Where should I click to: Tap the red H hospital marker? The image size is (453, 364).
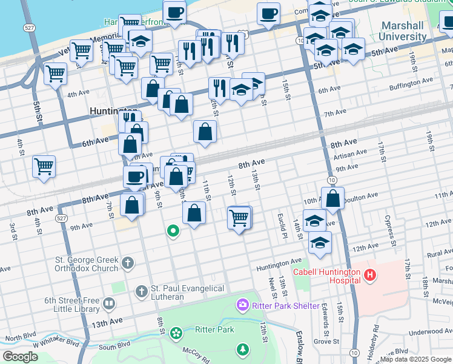[x=370, y=277]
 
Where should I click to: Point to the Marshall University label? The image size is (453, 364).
[x=404, y=31]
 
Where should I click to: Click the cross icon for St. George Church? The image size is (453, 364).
[x=127, y=263]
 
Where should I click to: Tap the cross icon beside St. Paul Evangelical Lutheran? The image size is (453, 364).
[x=141, y=292]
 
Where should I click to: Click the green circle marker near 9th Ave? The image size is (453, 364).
[x=173, y=231]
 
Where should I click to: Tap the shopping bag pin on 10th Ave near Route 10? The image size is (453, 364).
[x=332, y=198]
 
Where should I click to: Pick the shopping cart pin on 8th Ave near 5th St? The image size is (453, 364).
[x=44, y=166]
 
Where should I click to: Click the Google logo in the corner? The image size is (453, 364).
[x=19, y=357]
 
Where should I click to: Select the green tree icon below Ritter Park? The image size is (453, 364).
[x=242, y=349]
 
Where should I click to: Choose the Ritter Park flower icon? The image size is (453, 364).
[x=176, y=332]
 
